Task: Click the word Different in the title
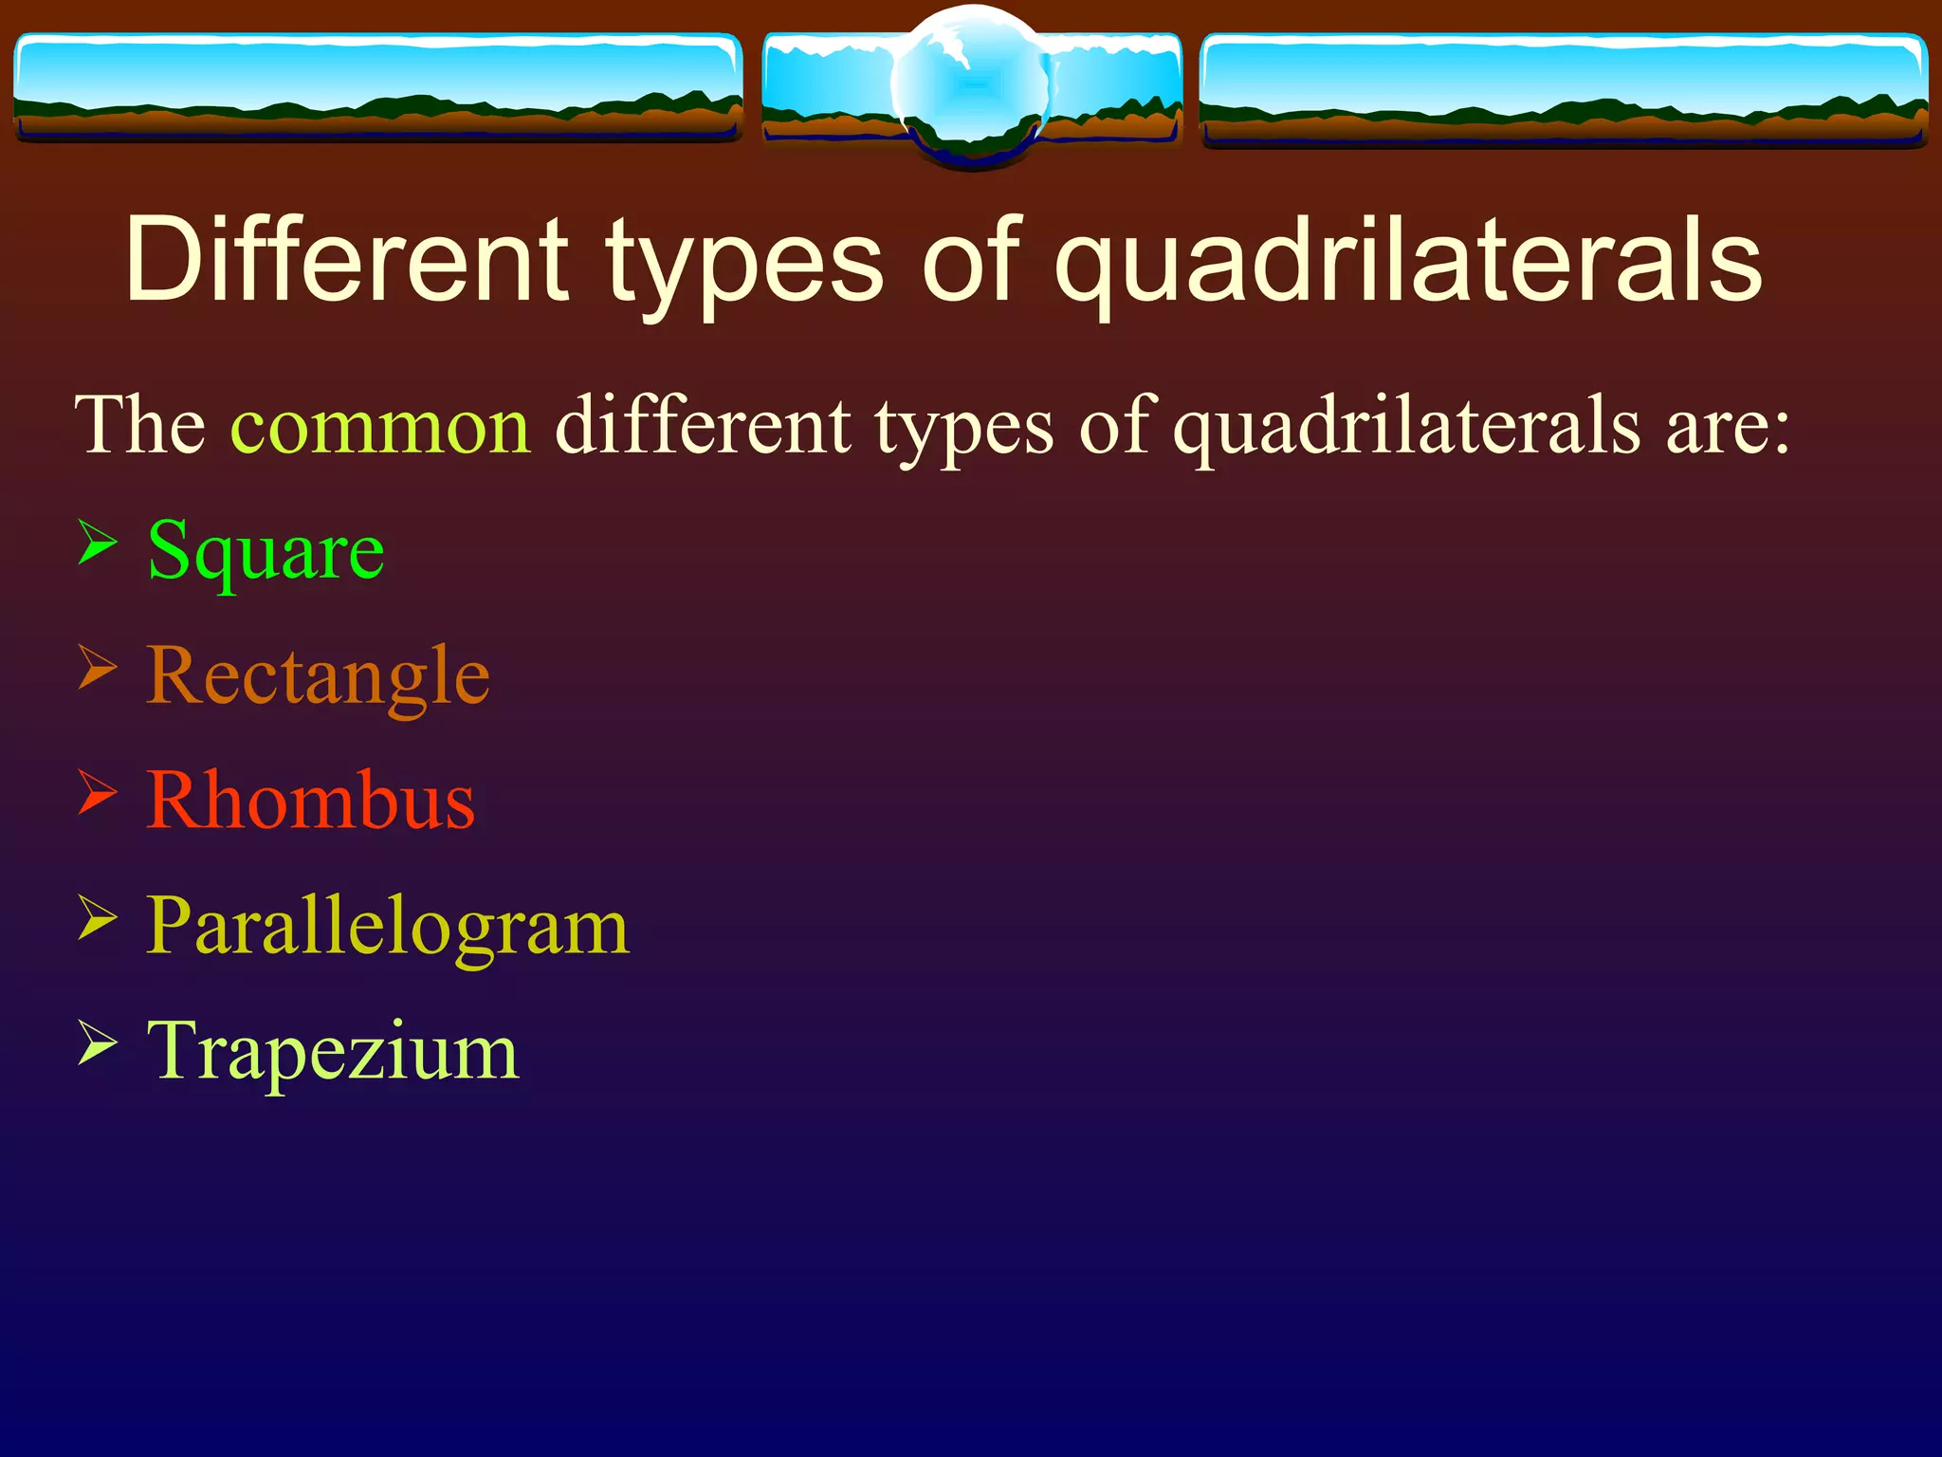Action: [x=346, y=261]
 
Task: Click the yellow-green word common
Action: [x=380, y=427]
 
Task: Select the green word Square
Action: [x=266, y=552]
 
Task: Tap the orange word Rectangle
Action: [x=318, y=677]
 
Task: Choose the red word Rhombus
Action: [x=310, y=802]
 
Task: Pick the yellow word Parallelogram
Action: [x=387, y=927]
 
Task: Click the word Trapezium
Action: [x=333, y=1051]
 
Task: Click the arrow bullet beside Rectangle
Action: [x=97, y=668]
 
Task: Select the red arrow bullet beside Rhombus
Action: [x=97, y=793]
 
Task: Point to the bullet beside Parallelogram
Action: [x=97, y=917]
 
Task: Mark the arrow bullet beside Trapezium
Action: [x=97, y=1042]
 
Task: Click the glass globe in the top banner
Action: [x=971, y=85]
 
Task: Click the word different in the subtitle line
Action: [x=703, y=427]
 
